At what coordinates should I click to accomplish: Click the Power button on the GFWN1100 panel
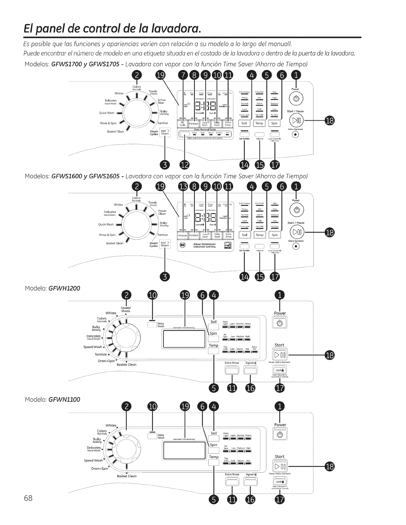tap(280, 434)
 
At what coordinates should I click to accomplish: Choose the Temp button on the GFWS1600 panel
tap(259, 235)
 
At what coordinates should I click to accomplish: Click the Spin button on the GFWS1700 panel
tap(275, 123)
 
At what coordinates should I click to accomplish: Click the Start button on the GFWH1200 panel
tap(280, 356)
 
